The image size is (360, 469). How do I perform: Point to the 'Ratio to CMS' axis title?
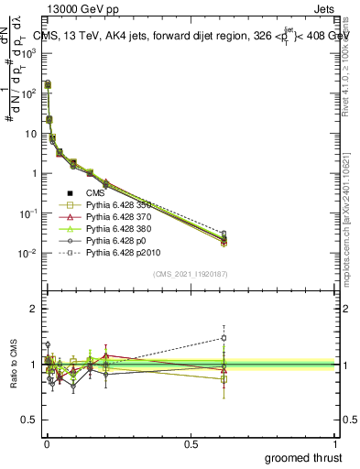coord(13,365)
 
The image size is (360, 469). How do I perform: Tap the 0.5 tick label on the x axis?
coord(191,444)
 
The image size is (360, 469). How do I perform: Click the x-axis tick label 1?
coord(336,444)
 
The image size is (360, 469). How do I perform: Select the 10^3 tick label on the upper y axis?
coord(30,53)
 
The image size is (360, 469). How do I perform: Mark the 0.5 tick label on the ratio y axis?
coord(31,420)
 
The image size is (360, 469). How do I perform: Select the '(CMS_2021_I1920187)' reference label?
coord(191,273)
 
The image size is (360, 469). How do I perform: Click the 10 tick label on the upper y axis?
coord(32,133)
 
